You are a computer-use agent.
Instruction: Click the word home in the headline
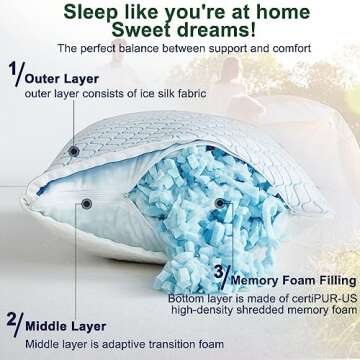pos(290,13)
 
